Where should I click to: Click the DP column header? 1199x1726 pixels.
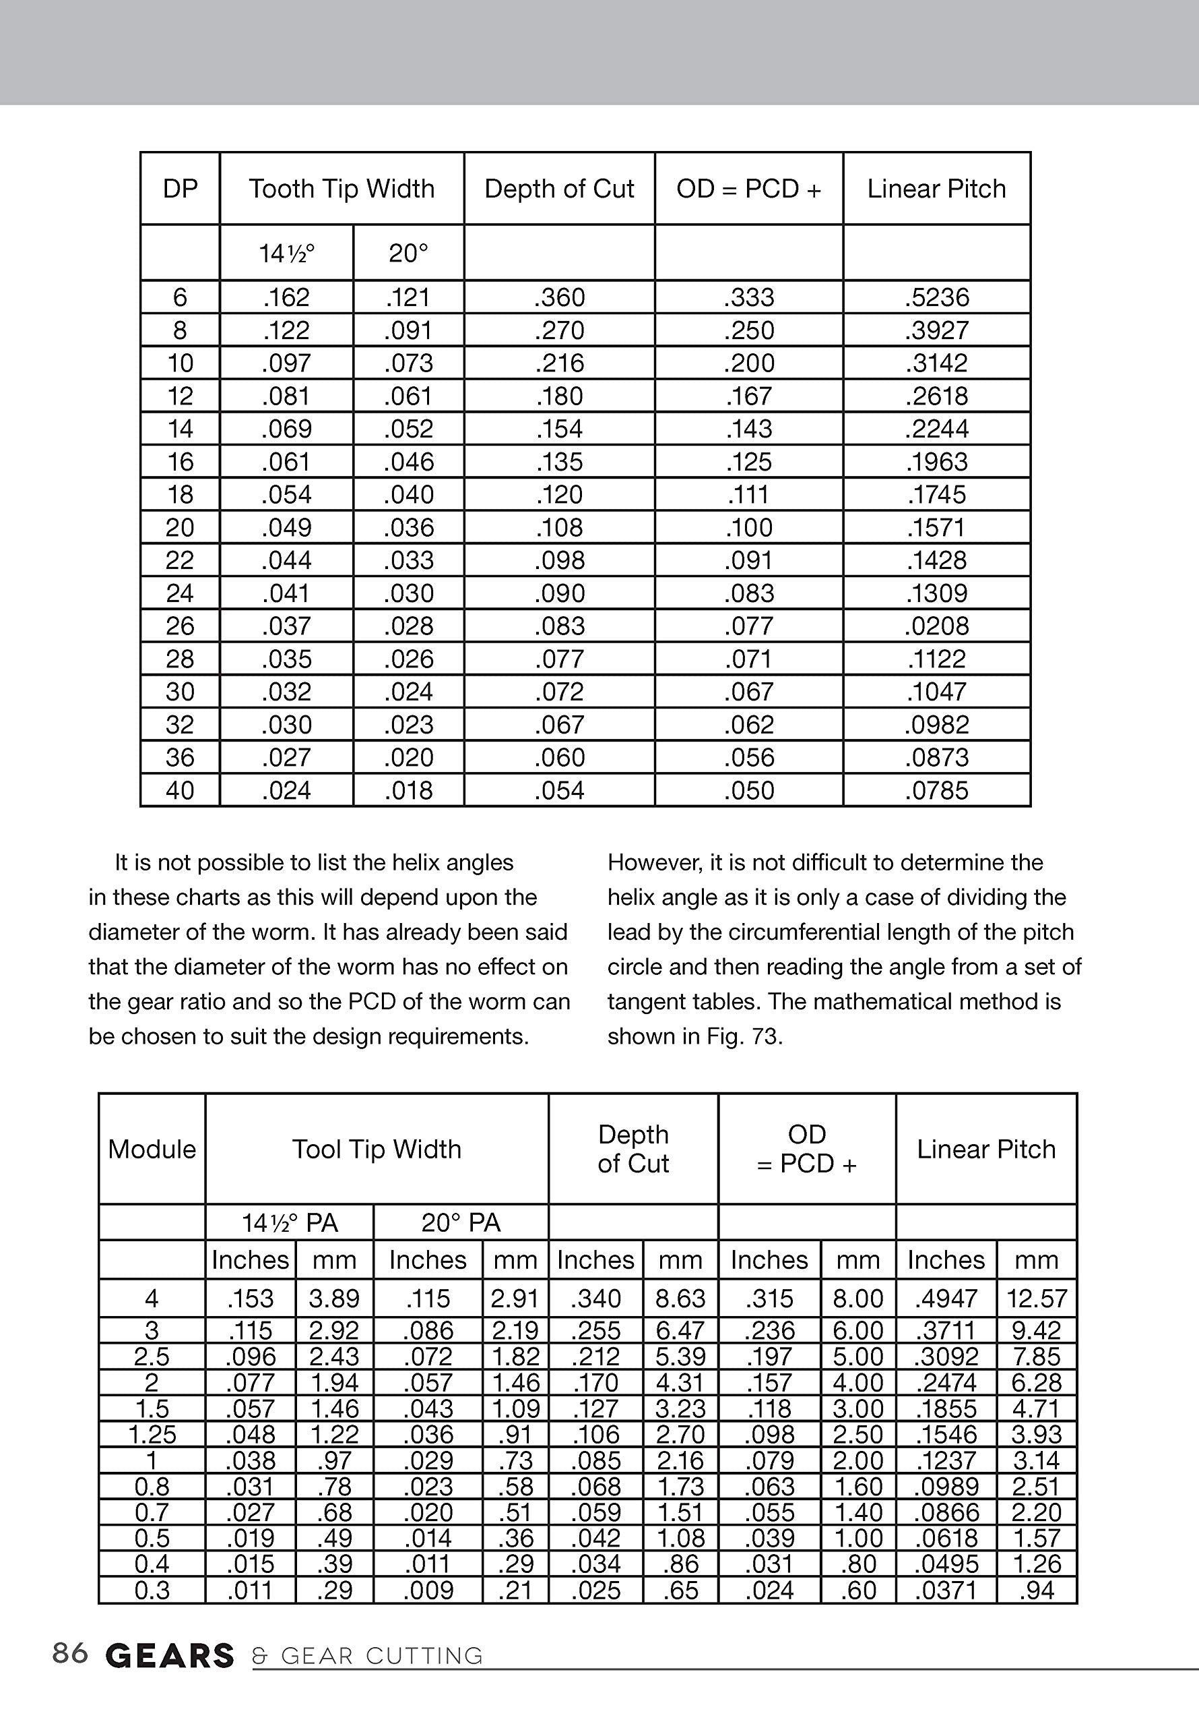tap(181, 189)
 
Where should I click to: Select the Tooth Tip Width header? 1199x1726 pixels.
tap(342, 189)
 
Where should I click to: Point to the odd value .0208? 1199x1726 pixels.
tap(937, 626)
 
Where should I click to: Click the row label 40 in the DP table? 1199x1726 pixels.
tap(181, 791)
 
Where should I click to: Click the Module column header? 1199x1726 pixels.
tap(152, 1150)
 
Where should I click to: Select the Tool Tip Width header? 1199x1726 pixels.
tap(377, 1150)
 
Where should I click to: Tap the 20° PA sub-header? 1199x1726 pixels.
tap(461, 1223)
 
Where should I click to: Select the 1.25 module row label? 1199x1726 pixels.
tap(152, 1434)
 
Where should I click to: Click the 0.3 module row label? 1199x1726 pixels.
tap(152, 1590)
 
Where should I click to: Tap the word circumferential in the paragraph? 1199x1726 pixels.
tap(803, 932)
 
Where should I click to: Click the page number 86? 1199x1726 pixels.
tap(70, 1653)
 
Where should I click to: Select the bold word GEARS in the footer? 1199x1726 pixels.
tap(170, 1656)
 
